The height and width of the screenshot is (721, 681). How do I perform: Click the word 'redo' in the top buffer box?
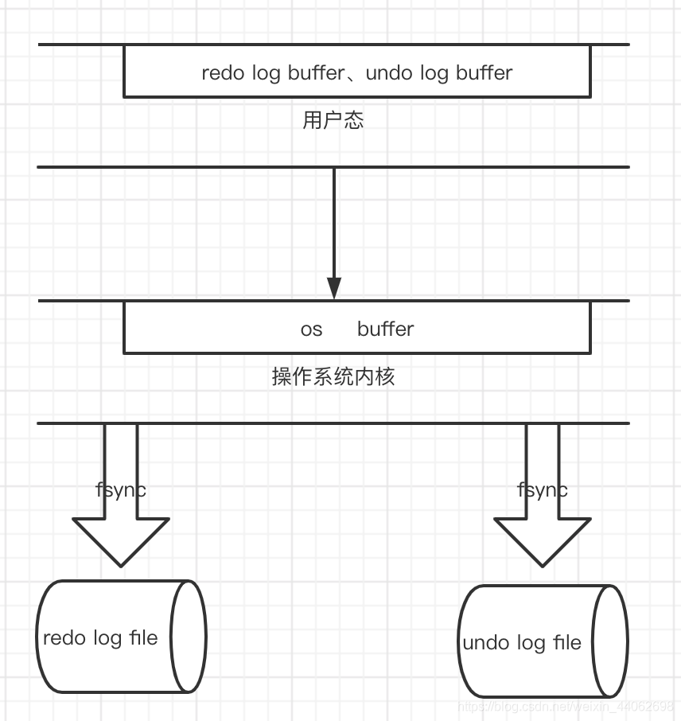[224, 73]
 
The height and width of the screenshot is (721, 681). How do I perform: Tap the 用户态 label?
[333, 120]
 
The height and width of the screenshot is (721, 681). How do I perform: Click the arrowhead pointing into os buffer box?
[334, 288]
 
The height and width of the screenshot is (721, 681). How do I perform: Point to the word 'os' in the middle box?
[311, 329]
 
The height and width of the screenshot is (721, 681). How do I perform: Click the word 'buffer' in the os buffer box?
[386, 329]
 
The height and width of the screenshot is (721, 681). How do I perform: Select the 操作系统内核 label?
[333, 376]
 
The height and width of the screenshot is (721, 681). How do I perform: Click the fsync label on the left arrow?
[121, 489]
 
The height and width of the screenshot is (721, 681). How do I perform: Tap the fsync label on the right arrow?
[543, 489]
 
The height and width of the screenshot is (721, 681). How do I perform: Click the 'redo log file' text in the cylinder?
[100, 637]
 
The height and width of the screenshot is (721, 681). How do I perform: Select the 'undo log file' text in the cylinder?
[522, 642]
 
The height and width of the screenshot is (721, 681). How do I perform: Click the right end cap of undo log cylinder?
[610, 641]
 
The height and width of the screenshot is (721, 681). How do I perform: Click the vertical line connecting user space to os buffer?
[334, 223]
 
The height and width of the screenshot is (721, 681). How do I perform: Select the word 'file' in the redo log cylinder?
[143, 637]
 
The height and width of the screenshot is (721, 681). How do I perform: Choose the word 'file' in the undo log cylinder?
[566, 642]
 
